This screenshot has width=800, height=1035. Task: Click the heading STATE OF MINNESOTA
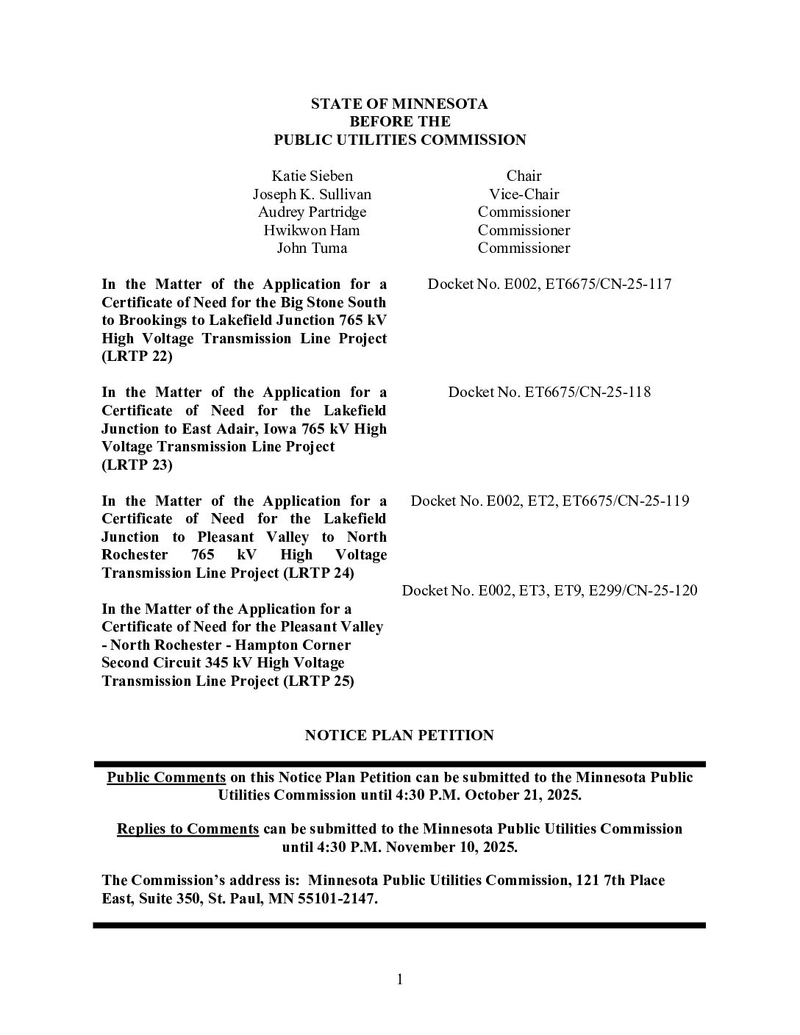[399, 104]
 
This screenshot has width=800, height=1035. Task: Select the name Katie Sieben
[312, 176]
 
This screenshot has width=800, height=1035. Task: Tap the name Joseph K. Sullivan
[312, 194]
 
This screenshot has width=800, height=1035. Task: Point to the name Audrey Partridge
[312, 212]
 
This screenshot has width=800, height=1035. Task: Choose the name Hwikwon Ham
[312, 230]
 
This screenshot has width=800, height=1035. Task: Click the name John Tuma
[312, 248]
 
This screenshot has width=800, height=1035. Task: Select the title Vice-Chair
[524, 194]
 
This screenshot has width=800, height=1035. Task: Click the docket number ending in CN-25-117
[549, 284]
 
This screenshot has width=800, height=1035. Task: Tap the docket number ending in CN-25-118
[549, 392]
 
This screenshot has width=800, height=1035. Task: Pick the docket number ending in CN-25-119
[549, 501]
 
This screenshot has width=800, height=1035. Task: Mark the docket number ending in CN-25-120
[549, 590]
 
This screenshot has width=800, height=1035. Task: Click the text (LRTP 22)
[137, 357]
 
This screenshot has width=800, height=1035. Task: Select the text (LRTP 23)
[137, 465]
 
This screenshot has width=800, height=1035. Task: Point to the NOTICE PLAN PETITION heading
[399, 735]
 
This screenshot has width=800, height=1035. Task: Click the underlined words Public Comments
[166, 777]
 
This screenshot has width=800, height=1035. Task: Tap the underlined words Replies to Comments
[187, 828]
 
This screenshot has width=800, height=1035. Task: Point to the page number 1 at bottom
[400, 979]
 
